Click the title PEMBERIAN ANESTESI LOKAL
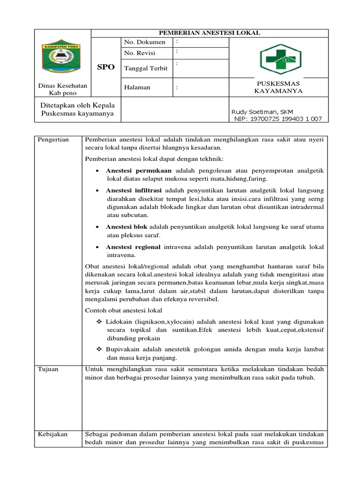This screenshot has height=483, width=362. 209,33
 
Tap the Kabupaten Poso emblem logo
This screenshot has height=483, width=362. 63,59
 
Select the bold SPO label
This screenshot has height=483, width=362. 106,67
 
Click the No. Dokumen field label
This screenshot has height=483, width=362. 145,42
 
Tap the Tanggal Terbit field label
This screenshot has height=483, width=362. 146,68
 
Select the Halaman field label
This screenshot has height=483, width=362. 137,87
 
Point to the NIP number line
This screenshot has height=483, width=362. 278,119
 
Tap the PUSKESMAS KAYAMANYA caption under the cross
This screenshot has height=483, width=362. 278,87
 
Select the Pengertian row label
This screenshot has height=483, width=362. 53,140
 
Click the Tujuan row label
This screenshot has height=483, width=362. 48,369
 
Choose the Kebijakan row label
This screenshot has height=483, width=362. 52,434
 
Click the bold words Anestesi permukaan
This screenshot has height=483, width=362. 139,170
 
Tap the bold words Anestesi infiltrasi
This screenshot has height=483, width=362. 133,191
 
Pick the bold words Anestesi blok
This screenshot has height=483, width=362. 126,227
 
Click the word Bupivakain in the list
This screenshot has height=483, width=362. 124,349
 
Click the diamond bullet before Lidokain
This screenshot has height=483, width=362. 99,321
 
